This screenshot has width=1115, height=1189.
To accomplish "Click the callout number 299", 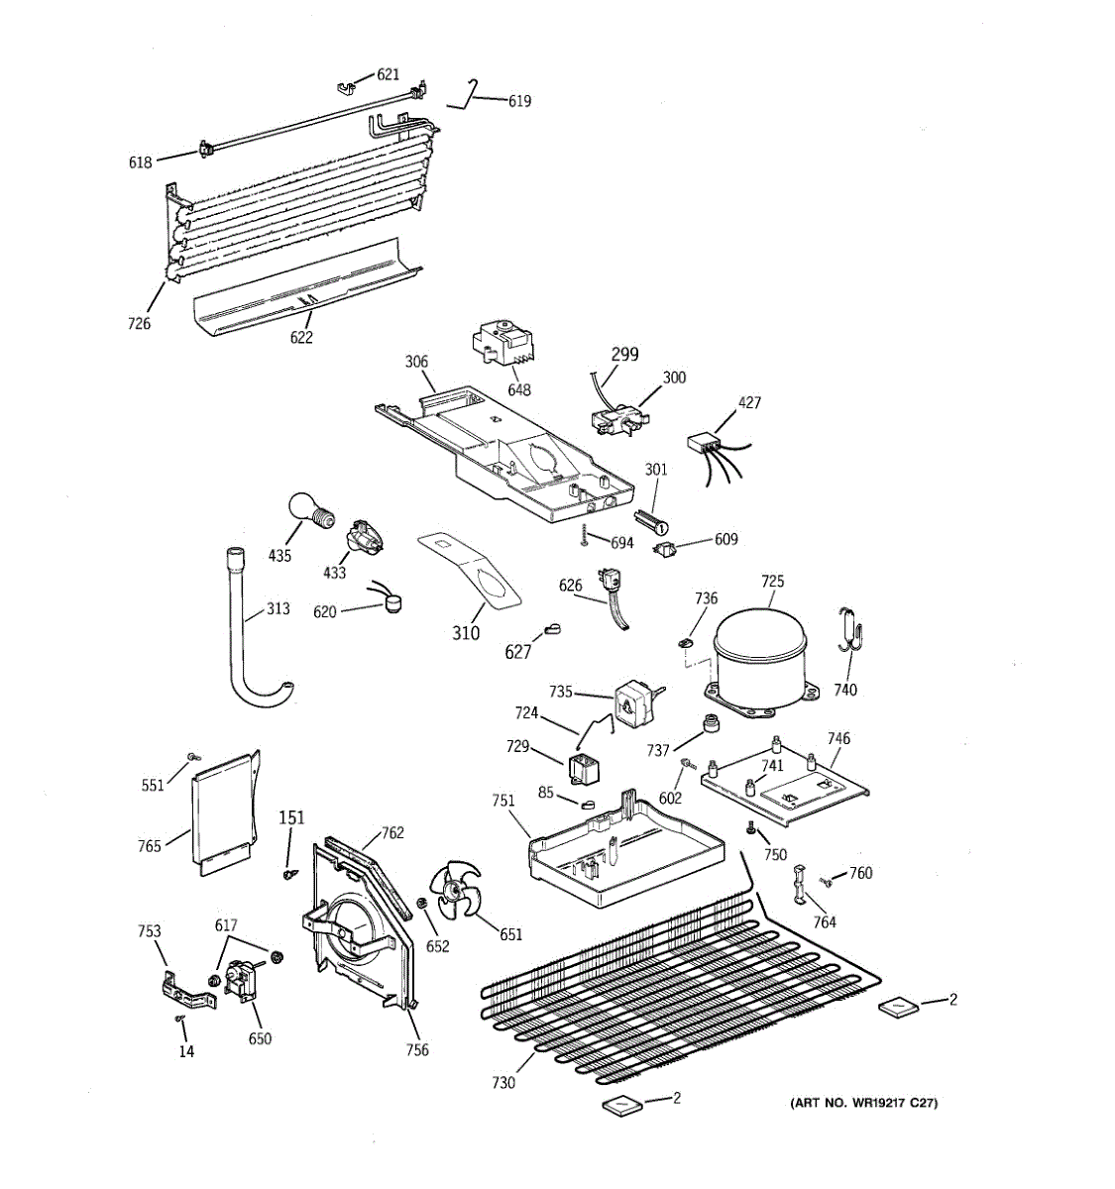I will [624, 354].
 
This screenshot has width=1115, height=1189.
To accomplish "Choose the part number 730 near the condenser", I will [503, 1083].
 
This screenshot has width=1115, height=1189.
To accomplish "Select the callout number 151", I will [291, 817].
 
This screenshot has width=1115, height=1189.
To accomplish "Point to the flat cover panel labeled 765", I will [222, 812].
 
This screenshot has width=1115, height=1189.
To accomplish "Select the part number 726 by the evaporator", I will [140, 323].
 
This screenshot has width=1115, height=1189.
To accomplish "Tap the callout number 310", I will [466, 633].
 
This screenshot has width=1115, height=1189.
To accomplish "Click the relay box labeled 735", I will [632, 704].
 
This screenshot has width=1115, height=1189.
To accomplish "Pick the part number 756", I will [417, 1050].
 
